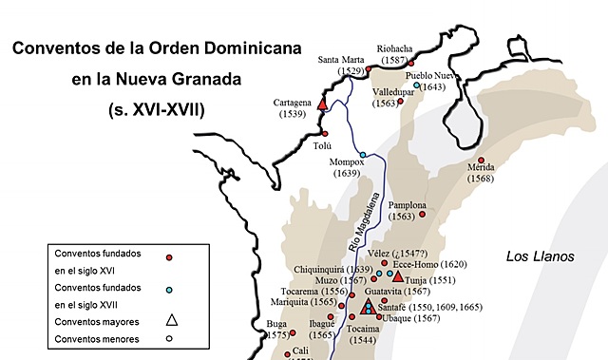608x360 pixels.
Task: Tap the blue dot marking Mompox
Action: tap(363, 154)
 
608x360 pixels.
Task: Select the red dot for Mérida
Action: tap(481, 160)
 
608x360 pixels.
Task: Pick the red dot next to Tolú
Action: tap(325, 134)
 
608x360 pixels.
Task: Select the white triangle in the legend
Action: tap(171, 320)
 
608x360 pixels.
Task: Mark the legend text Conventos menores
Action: tap(98, 339)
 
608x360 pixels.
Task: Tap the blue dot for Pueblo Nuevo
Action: tap(416, 85)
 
